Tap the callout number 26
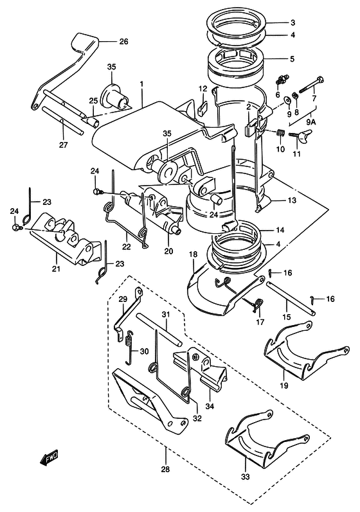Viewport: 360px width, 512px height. point(123,42)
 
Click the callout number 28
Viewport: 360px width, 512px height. point(166,469)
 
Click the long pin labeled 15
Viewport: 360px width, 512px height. point(291,298)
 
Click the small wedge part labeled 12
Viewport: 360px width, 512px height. point(203,107)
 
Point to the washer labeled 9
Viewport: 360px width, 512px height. point(289,100)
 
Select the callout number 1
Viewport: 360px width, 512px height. point(141,84)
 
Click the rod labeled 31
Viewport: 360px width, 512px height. point(159,330)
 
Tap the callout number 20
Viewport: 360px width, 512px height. point(169,251)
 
